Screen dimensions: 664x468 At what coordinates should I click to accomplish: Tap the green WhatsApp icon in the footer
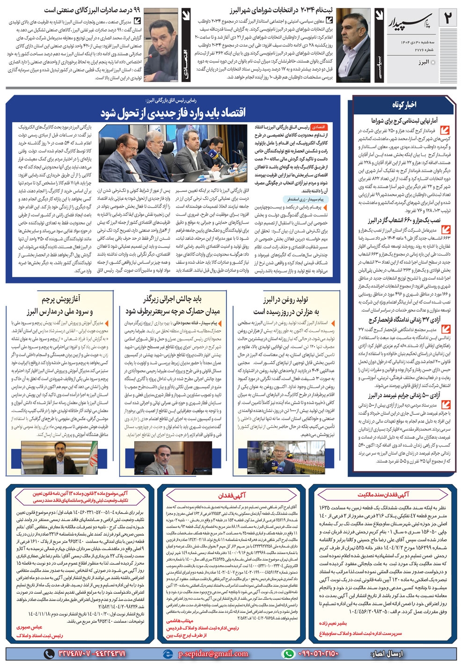pos(289,654)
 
